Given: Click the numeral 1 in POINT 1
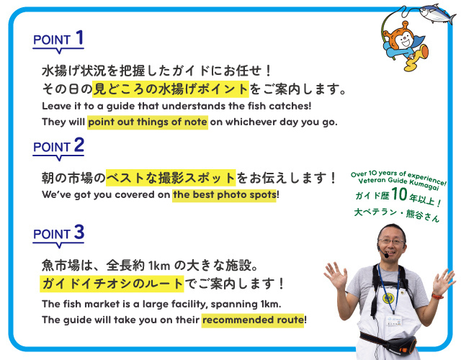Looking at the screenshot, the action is tap(80, 37).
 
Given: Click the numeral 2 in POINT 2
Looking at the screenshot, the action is tap(79, 145).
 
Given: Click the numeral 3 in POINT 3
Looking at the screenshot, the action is tap(79, 232).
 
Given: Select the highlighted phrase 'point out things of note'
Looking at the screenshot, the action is tap(148, 122).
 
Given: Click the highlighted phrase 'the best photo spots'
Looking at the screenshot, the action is tap(224, 195).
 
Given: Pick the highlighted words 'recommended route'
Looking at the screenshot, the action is tap(253, 320).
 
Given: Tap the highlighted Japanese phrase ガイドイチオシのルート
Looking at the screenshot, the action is tap(112, 284).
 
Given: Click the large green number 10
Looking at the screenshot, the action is tap(399, 194).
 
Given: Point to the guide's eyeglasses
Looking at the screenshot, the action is tap(391, 242).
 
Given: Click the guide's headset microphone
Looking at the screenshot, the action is tap(386, 256).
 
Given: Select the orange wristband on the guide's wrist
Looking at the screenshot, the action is tap(437, 296).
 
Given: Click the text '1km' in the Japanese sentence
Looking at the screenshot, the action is tap(159, 266).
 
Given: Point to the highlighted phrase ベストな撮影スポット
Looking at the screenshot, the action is tap(171, 178).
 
